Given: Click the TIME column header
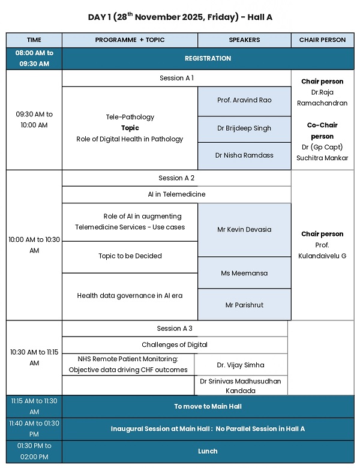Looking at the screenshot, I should pyautogui.click(x=34, y=40).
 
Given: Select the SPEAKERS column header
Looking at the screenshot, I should pyautogui.click(x=244, y=40).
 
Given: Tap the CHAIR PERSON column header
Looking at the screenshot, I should pyautogui.click(x=322, y=40).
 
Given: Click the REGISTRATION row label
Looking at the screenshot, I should pyautogui.click(x=208, y=59).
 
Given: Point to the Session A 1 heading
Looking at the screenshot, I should pyautogui.click(x=176, y=78).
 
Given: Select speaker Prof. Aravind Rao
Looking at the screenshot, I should pyautogui.click(x=244, y=100).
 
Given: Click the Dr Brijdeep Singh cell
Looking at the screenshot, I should pyautogui.click(x=244, y=128).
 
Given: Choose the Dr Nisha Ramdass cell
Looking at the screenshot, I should pyautogui.click(x=244, y=155).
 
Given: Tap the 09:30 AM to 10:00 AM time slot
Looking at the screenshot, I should pyautogui.click(x=34, y=119).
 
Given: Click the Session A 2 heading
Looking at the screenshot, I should pyautogui.click(x=176, y=178).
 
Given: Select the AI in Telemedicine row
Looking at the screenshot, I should pyautogui.click(x=176, y=194).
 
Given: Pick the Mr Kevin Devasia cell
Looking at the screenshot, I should pyautogui.click(x=244, y=230).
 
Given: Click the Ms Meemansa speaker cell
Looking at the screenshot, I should pyautogui.click(x=244, y=274).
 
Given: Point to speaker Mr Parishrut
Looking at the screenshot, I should pyautogui.click(x=244, y=305).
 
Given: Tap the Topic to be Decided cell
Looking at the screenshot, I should pyautogui.click(x=130, y=256).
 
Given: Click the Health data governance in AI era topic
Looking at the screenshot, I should pyautogui.click(x=130, y=296).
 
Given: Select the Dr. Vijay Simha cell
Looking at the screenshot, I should pyautogui.click(x=241, y=365).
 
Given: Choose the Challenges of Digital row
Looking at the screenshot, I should pyautogui.click(x=175, y=345).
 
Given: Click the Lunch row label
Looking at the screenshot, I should pyautogui.click(x=208, y=451).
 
